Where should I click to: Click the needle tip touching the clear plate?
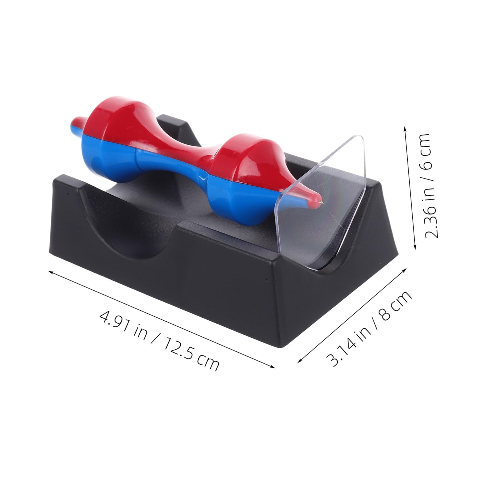click(x=322, y=202)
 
